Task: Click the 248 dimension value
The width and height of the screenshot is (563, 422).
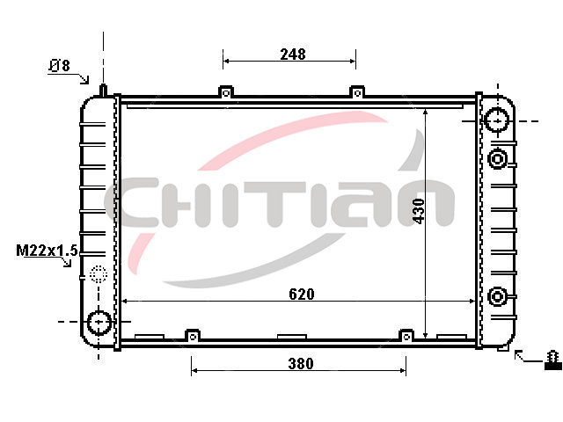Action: tap(293, 55)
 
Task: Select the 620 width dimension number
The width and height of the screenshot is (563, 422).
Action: tap(302, 295)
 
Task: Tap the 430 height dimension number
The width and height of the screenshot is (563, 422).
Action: tap(419, 211)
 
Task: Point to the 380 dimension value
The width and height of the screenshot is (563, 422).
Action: tap(301, 364)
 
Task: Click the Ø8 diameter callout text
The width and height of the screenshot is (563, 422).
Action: tap(59, 66)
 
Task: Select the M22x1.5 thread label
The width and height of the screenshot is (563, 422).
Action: tap(47, 251)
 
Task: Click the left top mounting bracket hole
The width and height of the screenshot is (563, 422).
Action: tap(226, 93)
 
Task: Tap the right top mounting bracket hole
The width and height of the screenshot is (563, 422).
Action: tap(357, 93)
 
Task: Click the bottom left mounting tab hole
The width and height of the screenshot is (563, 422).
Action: tap(193, 337)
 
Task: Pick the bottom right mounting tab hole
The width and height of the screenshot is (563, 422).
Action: tap(406, 337)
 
